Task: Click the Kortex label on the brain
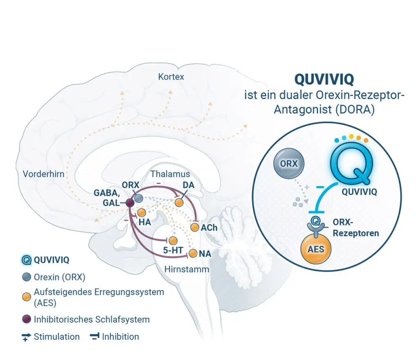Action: (x=171, y=77)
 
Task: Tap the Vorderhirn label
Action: (x=43, y=174)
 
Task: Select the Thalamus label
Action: (x=170, y=174)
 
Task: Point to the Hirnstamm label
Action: (x=187, y=269)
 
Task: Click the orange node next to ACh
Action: (x=195, y=227)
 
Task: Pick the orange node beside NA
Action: (x=193, y=253)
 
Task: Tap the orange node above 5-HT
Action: (x=173, y=241)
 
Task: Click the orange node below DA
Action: (x=179, y=202)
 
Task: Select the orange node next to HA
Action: (x=142, y=213)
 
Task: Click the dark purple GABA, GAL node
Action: (x=130, y=203)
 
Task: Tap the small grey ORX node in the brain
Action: (x=139, y=198)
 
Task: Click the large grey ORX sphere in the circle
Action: (x=289, y=163)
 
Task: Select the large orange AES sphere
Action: (x=316, y=249)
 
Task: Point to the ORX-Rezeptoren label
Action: (x=356, y=227)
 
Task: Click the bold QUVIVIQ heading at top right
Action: (x=324, y=79)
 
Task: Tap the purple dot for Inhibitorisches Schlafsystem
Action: (x=27, y=319)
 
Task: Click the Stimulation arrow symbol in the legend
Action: (x=26, y=337)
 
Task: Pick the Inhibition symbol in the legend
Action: (x=95, y=337)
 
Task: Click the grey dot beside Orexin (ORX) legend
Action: (x=27, y=277)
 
